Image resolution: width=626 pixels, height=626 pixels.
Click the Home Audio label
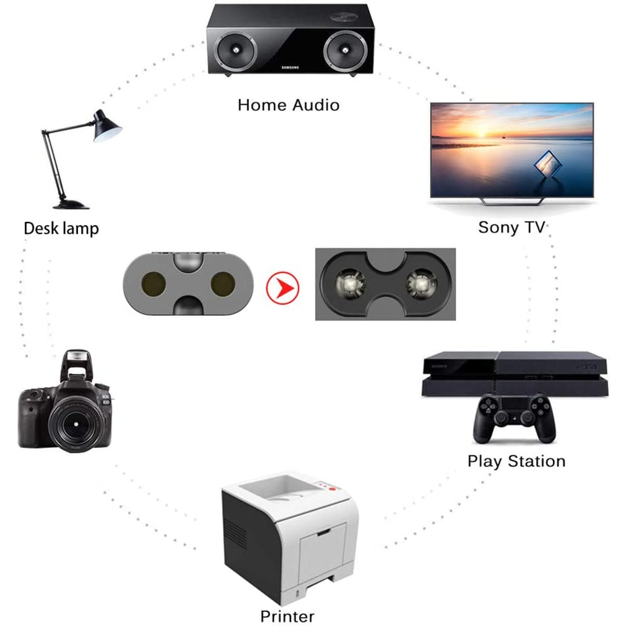(289, 105)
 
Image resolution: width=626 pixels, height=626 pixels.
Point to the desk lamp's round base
(70, 204)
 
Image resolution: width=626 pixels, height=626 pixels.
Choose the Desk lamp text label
(61, 228)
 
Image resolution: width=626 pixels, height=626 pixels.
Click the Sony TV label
(511, 227)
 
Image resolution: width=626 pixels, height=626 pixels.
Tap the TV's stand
(511, 200)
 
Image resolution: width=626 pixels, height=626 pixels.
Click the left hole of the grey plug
(153, 285)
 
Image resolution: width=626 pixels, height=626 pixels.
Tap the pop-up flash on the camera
(77, 362)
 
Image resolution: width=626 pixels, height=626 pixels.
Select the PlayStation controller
(514, 417)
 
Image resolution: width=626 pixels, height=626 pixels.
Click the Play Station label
(516, 461)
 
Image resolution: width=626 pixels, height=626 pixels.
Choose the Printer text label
(287, 616)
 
